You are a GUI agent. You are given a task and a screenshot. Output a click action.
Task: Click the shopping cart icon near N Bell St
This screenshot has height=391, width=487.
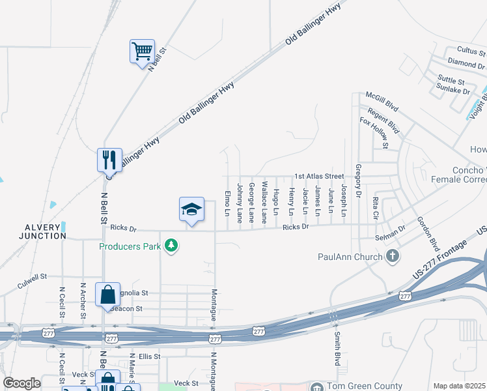click(x=142, y=50)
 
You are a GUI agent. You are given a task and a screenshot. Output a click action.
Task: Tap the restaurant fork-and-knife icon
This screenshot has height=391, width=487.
click(x=109, y=159)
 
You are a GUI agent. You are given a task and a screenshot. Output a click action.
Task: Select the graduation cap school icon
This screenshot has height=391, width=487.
click(x=191, y=209)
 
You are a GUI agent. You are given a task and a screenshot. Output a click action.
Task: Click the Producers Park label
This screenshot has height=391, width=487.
click(x=130, y=246)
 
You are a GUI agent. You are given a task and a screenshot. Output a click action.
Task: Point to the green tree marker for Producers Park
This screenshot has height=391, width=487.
click(x=172, y=246)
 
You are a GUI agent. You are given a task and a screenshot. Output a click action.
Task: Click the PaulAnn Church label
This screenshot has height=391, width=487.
click(x=350, y=257)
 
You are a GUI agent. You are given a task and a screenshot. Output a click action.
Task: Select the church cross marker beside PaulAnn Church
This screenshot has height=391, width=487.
click(x=393, y=255)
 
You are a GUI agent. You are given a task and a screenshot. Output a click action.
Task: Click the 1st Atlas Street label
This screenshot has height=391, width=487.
click(x=319, y=177)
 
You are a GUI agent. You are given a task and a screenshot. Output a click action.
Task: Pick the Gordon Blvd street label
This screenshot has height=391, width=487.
click(x=428, y=233)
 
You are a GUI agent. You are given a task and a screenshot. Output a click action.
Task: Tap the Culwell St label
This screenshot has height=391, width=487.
click(x=33, y=280)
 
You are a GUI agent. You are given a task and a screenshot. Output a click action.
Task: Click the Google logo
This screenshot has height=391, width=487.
click(x=21, y=383)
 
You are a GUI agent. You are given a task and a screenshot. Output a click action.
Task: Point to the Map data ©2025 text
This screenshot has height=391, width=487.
click(x=458, y=386)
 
